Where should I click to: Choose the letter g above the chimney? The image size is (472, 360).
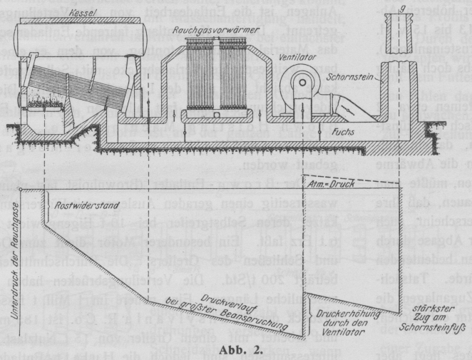click(404, 9)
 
